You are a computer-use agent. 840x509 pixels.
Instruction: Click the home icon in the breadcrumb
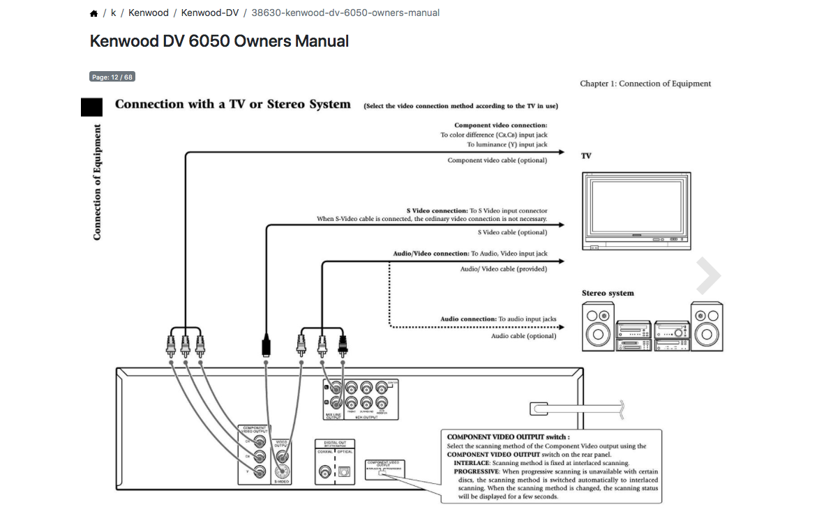(94, 13)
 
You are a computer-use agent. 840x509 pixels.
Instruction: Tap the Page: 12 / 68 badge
(112, 77)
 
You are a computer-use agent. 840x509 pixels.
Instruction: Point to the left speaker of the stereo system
(599, 326)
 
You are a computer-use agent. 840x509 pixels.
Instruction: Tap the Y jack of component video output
(260, 473)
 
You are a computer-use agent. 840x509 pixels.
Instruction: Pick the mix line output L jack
(335, 387)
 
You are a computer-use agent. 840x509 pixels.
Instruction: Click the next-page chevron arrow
(708, 277)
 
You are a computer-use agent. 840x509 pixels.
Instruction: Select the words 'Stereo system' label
(608, 294)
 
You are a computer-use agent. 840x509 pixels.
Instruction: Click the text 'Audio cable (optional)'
(523, 336)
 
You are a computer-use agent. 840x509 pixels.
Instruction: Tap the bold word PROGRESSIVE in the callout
(477, 471)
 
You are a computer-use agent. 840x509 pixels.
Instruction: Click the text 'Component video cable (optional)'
(497, 160)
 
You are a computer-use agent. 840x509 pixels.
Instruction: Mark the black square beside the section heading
(92, 107)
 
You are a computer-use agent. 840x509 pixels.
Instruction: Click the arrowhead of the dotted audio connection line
(560, 326)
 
